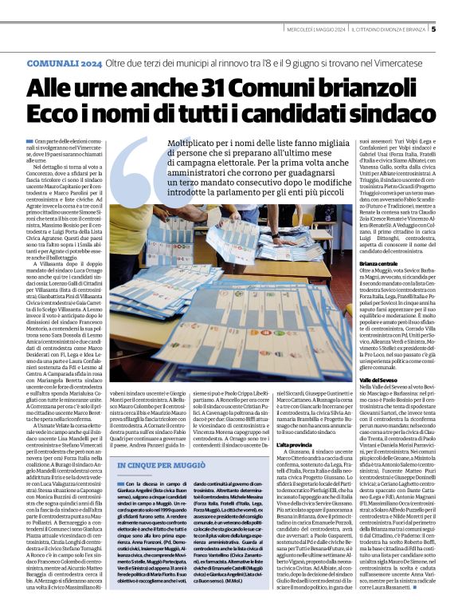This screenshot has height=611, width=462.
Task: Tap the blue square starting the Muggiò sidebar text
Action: tap(119, 483)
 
